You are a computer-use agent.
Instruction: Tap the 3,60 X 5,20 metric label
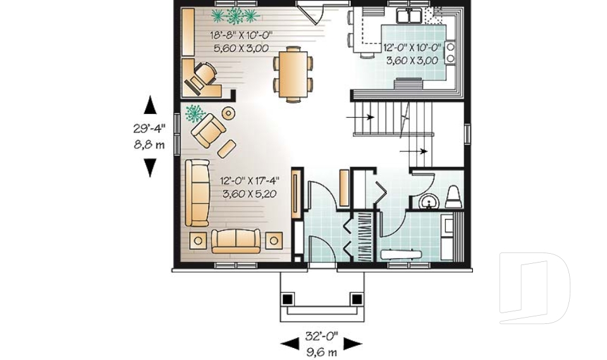pos(250,194)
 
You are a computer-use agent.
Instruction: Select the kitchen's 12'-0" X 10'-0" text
pos(412,47)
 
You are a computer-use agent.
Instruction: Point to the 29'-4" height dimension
pos(149,128)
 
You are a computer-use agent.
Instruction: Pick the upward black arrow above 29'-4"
pos(150,104)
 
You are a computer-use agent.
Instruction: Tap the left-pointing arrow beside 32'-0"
pos(290,344)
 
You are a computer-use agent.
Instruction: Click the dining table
pos(293,73)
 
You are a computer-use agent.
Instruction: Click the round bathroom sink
pos(429,202)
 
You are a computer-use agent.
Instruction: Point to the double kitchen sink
pos(408,16)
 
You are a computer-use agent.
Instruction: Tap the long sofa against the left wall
pos(197,192)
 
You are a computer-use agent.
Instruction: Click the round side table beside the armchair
pos(228,113)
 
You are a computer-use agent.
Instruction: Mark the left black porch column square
pos(288,298)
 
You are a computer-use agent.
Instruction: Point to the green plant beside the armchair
pos(194,114)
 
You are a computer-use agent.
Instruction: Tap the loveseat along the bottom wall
pos(236,240)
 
